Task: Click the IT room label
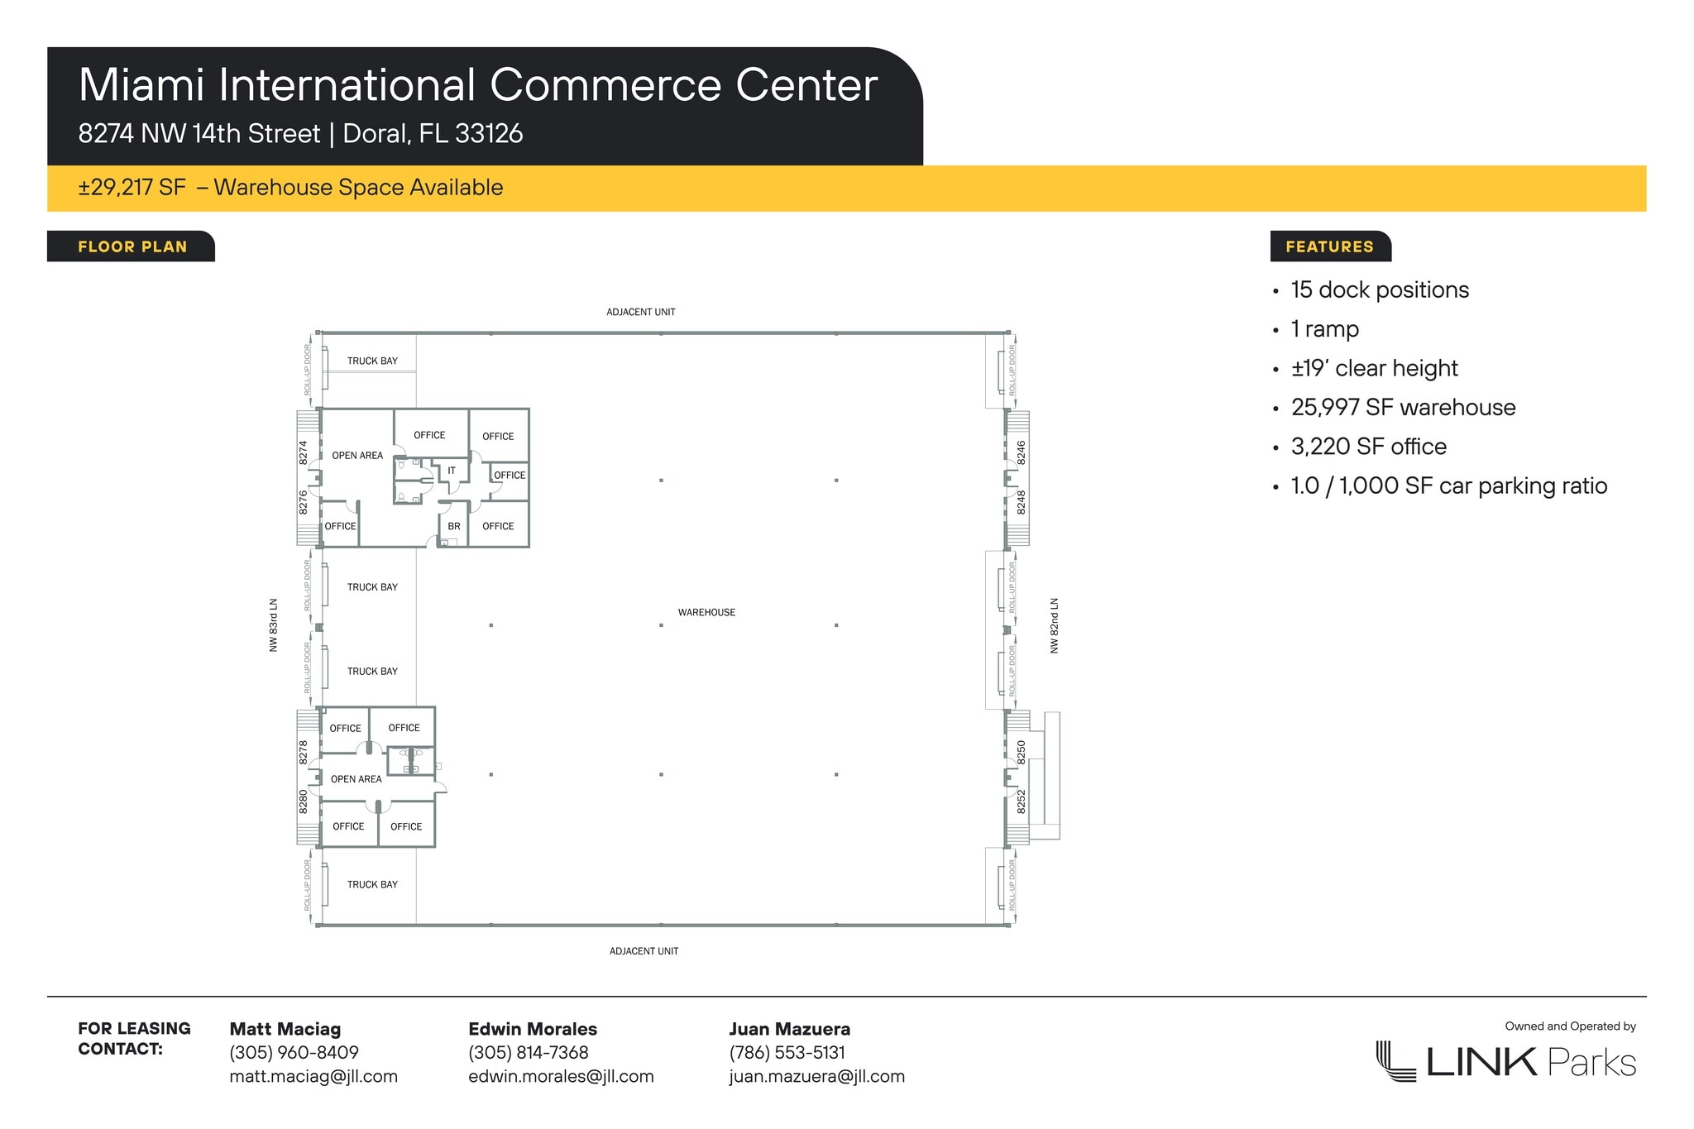[x=452, y=471]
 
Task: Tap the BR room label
[x=454, y=526]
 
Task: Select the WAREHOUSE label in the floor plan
[x=706, y=612]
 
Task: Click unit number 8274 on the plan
[x=304, y=452]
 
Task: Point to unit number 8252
[x=1022, y=801]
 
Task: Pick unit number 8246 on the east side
[x=1022, y=452]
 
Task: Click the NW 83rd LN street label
[x=274, y=625]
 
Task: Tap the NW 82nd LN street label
[x=1055, y=625]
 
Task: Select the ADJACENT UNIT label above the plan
[x=641, y=312]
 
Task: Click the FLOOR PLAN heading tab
[x=132, y=246]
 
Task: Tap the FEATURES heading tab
[x=1330, y=246]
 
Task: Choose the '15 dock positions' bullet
[x=1380, y=289]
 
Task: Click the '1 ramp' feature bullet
[x=1325, y=329]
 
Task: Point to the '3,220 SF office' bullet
[x=1369, y=447]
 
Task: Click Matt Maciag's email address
[x=313, y=1076]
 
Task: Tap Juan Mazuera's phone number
[x=787, y=1052]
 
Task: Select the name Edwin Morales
[x=533, y=1029]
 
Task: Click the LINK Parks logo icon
[x=1395, y=1060]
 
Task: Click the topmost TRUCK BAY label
[x=372, y=361]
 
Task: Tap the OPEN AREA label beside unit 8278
[x=357, y=779]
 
